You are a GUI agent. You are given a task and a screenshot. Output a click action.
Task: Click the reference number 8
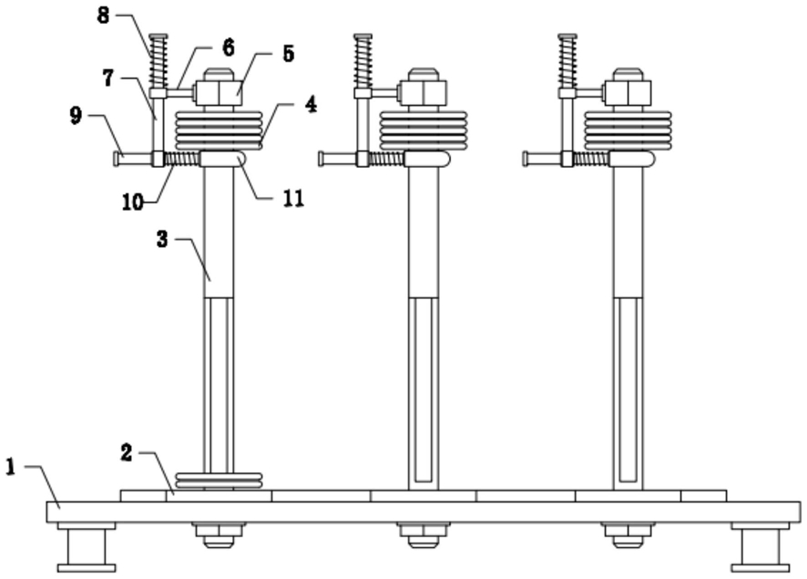pos(104,16)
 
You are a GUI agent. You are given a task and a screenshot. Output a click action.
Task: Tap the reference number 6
pos(229,48)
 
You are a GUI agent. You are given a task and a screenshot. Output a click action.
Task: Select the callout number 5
pos(288,54)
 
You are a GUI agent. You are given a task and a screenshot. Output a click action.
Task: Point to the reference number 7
pos(107,78)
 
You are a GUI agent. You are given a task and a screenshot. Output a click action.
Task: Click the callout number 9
pos(76,116)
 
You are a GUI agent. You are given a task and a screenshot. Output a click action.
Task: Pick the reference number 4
pos(311,105)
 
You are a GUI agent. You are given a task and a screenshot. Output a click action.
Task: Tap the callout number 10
pos(133,202)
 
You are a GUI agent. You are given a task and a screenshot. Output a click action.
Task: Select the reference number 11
pos(293,199)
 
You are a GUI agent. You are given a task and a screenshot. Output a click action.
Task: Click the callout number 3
pos(162,239)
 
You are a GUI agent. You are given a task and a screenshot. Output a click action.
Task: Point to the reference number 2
pos(127,453)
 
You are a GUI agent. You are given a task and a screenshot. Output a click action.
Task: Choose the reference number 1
pos(11,467)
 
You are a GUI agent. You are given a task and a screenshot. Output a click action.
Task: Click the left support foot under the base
pos(87,547)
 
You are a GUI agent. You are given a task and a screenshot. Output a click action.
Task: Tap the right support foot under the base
pos(761,547)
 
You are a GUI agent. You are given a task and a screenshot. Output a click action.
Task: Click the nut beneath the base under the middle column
pos(423,534)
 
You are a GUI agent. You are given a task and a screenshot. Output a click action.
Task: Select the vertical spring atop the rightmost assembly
pos(567,61)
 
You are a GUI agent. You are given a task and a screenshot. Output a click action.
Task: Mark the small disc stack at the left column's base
pos(220,481)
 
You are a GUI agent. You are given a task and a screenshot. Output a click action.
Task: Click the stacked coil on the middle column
pos(423,130)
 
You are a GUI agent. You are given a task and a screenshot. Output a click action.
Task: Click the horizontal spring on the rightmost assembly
pos(592,159)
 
